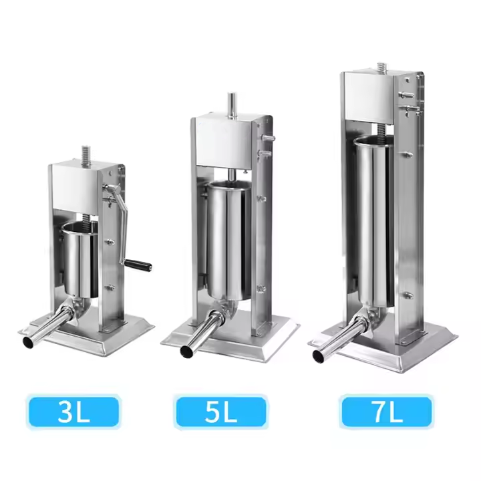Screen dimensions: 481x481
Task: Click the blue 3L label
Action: (73, 412)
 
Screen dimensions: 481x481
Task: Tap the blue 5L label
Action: (220, 412)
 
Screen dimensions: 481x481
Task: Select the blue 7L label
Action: (387, 412)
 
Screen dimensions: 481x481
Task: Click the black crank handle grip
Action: (138, 265)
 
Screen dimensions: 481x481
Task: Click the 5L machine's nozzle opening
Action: (186, 351)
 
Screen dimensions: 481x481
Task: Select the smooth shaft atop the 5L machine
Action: (232, 105)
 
